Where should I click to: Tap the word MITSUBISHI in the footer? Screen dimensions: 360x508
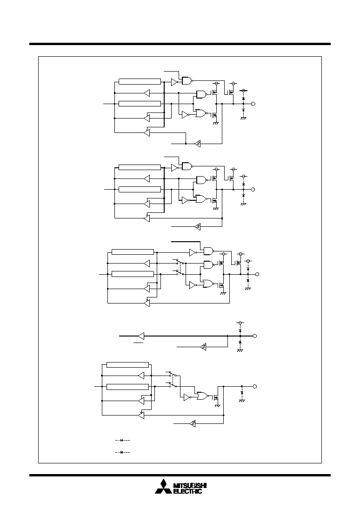pyautogui.click(x=190, y=486)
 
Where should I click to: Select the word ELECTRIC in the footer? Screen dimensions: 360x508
pyautogui.click(x=188, y=491)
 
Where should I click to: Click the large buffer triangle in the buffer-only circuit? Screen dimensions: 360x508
pyautogui.click(x=141, y=336)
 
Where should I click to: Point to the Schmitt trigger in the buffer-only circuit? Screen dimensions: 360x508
pyautogui.click(x=203, y=347)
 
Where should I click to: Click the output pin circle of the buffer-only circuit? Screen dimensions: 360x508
pyautogui.click(x=254, y=336)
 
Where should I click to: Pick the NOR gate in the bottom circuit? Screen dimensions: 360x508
pyautogui.click(x=202, y=396)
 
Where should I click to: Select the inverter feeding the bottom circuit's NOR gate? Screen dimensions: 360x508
pyautogui.click(x=187, y=397)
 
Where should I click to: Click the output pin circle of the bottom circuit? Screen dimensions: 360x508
pyautogui.click(x=254, y=386)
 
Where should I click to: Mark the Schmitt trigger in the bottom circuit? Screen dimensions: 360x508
pyautogui.click(x=193, y=423)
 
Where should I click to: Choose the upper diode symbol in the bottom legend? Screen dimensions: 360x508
pyautogui.click(x=123, y=440)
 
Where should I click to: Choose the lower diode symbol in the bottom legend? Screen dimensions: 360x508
pyautogui.click(x=123, y=452)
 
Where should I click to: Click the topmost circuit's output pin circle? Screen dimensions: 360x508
pyautogui.click(x=253, y=104)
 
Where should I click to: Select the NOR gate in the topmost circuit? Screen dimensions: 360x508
pyautogui.click(x=201, y=113)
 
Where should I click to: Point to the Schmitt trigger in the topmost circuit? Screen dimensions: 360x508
pyautogui.click(x=198, y=143)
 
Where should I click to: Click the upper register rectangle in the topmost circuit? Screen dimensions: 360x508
pyautogui.click(x=140, y=81)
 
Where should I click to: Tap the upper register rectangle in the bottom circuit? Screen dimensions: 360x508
pyautogui.click(x=128, y=365)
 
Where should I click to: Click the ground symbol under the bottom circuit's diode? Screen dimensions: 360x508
pyautogui.click(x=241, y=401)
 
